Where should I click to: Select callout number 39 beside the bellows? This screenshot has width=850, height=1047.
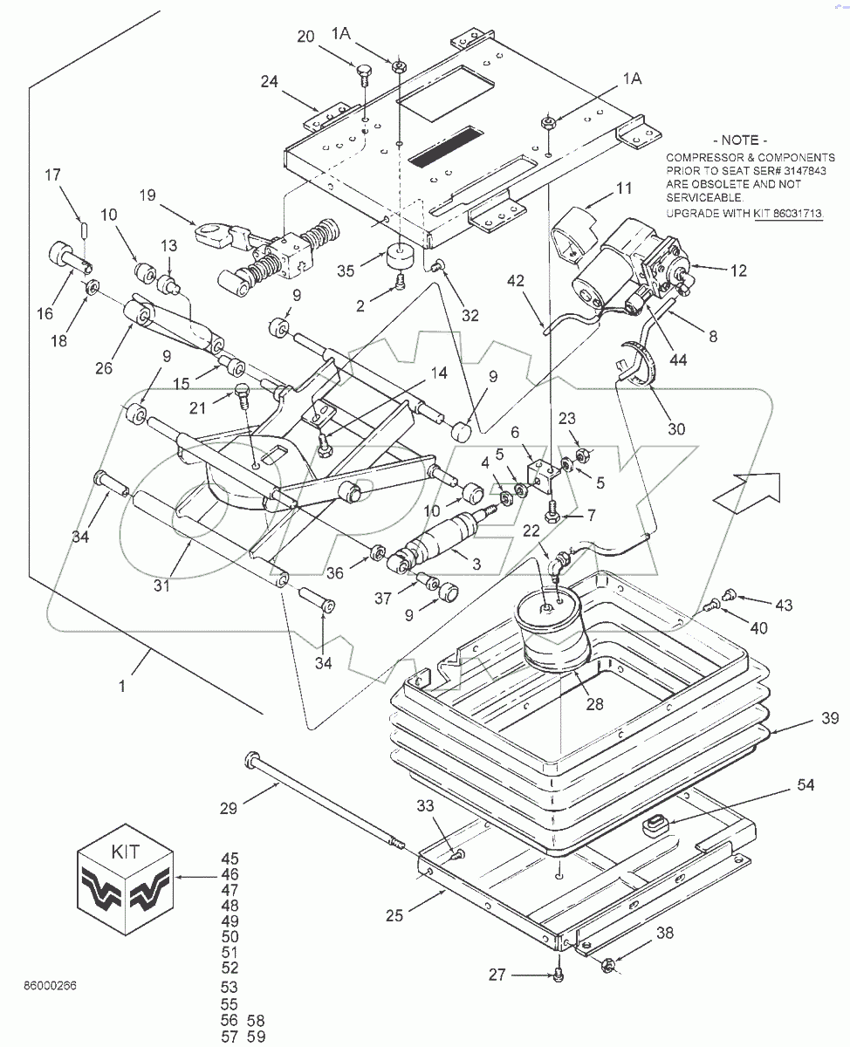point(829,718)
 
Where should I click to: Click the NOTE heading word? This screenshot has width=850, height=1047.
point(740,140)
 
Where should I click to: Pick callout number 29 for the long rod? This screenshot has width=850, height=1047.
point(228,809)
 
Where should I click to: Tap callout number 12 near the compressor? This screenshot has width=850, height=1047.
point(738,270)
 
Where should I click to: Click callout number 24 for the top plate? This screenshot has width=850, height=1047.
point(269,83)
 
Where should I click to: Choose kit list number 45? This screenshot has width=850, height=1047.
point(230,859)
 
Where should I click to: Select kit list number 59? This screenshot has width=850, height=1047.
point(256,1037)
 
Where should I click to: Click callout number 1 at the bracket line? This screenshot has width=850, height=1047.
point(122,687)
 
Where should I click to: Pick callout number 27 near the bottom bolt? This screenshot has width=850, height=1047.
point(497,975)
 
